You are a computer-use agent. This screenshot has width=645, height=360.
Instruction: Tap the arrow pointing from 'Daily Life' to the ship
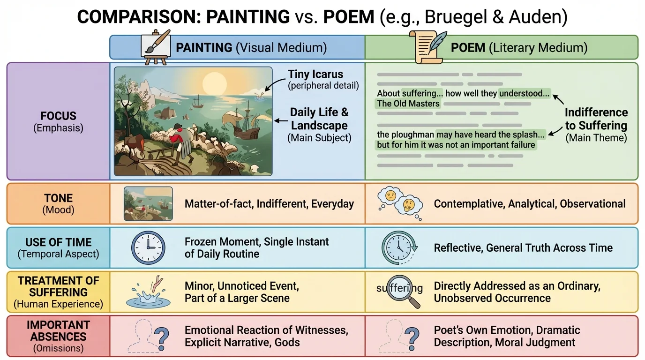click(x=281, y=120)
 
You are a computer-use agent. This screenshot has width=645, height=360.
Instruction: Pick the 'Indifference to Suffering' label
click(x=596, y=119)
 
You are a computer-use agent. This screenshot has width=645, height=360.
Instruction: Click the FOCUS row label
click(x=58, y=116)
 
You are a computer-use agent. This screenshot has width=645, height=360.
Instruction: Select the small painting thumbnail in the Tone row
click(x=148, y=204)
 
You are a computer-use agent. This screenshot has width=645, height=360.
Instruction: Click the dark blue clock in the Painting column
click(x=148, y=247)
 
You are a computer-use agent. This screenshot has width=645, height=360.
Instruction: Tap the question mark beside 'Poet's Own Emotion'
click(x=411, y=336)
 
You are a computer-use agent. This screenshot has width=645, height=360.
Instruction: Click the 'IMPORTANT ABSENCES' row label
click(x=58, y=330)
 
